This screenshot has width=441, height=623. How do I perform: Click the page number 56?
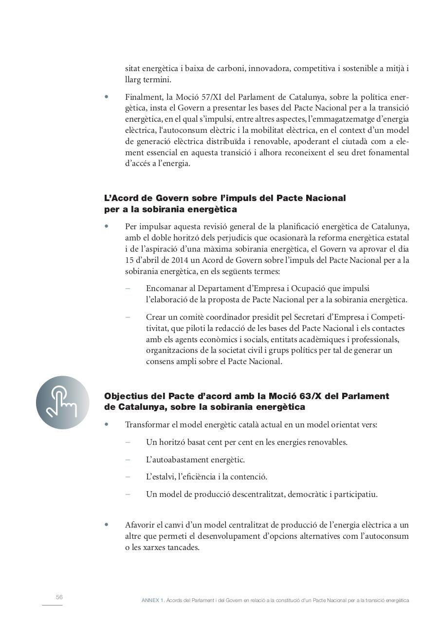pyautogui.click(x=59, y=597)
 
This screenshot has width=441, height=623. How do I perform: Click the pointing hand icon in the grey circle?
pyautogui.click(x=62, y=402)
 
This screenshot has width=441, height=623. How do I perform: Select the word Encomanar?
pyautogui.click(x=166, y=289)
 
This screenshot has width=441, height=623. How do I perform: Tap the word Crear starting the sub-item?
pyautogui.click(x=157, y=317)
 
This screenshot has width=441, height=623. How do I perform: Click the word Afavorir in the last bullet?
pyautogui.click(x=141, y=525)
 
